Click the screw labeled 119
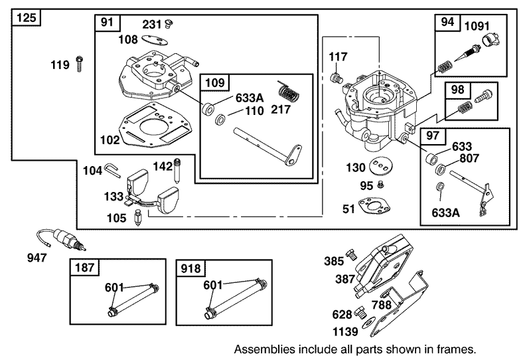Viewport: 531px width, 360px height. point(79,64)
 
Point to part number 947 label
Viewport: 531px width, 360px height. point(37,257)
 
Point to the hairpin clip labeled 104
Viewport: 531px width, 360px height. point(112,172)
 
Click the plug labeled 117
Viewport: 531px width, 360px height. point(337,78)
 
